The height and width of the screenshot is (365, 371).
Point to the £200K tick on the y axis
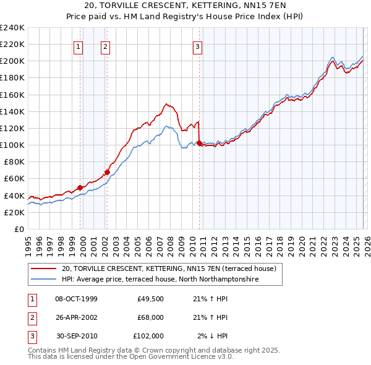point(12,61)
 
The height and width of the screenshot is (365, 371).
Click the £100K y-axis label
point(12,145)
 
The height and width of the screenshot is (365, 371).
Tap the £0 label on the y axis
point(19,229)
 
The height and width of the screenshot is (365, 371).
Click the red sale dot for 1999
point(80,187)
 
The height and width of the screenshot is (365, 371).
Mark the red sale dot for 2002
point(107,172)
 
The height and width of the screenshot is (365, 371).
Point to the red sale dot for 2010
point(199,144)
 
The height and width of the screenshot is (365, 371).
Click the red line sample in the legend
point(45,268)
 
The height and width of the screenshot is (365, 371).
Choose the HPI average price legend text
point(160,279)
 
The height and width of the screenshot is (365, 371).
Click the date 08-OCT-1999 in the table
point(76,299)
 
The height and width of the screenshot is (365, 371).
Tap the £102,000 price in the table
point(148,336)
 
